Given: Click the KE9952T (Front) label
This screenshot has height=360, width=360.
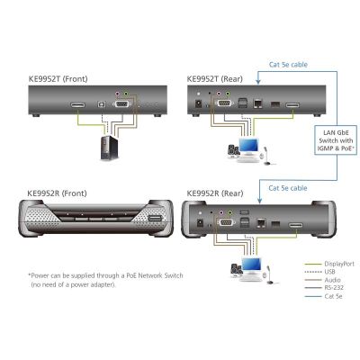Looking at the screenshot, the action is pyautogui.click(x=58, y=79).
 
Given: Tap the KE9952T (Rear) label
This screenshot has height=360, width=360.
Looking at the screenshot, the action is pyautogui.click(x=215, y=79).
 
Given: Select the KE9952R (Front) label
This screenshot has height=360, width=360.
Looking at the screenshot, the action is pyautogui.click(x=57, y=193).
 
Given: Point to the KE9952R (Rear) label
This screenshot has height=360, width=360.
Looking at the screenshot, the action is pyautogui.click(x=215, y=193).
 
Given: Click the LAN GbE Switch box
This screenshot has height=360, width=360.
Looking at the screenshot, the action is pyautogui.click(x=336, y=140).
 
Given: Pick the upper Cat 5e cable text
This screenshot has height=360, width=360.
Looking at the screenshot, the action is pyautogui.click(x=288, y=65).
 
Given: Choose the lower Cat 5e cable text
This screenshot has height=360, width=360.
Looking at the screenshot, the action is pyautogui.click(x=288, y=188).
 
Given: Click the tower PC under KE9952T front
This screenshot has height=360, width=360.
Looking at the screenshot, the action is pyautogui.click(x=109, y=148).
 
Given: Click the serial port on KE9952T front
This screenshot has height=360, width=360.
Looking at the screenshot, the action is pyautogui.click(x=121, y=104).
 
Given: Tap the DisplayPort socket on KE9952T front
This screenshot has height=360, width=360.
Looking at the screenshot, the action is pyautogui.click(x=77, y=105).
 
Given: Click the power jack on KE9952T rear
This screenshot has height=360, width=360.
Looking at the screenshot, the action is pyautogui.click(x=198, y=103).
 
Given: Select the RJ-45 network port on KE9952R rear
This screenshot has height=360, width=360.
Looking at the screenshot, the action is pyautogui.click(x=260, y=223).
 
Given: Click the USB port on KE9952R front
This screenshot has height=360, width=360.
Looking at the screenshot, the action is pyautogui.click(x=154, y=219).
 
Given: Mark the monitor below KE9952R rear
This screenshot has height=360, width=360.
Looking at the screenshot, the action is pyautogui.click(x=251, y=265).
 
